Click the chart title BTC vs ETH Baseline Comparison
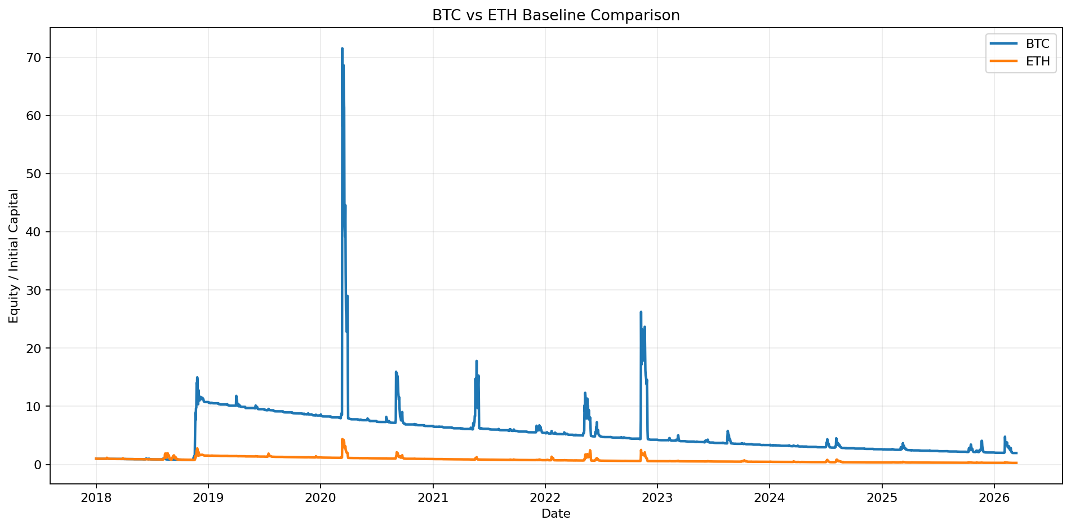(556, 15)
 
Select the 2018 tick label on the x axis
(96, 498)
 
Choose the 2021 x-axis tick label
(433, 498)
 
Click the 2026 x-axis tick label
(994, 498)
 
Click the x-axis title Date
(556, 514)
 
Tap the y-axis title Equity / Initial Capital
(14, 256)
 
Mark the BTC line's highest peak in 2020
(342, 49)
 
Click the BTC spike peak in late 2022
(641, 312)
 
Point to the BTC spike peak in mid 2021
(477, 361)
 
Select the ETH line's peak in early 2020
(342, 439)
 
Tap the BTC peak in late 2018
(197, 377)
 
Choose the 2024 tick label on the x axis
(770, 498)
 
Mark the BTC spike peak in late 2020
(396, 372)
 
